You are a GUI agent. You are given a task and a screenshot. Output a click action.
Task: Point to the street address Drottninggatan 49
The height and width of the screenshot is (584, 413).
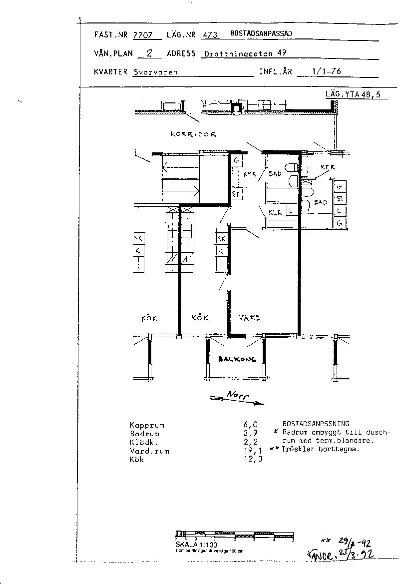(x=245, y=54)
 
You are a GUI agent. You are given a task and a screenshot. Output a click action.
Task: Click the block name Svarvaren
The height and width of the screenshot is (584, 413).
(x=155, y=72)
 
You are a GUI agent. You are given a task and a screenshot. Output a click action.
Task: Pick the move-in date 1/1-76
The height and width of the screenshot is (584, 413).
(x=326, y=71)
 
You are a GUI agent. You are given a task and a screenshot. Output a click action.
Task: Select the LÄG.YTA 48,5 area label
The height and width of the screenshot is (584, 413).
(x=353, y=95)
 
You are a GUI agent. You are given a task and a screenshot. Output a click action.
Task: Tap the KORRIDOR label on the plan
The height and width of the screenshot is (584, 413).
(x=193, y=134)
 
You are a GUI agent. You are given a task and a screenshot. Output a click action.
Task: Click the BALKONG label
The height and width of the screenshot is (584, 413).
(x=237, y=359)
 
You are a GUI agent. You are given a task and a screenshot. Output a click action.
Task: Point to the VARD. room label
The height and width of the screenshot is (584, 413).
(x=250, y=318)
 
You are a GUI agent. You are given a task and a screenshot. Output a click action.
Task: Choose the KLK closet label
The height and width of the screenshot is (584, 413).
(x=275, y=213)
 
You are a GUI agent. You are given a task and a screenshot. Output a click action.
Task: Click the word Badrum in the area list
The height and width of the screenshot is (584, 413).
(x=144, y=434)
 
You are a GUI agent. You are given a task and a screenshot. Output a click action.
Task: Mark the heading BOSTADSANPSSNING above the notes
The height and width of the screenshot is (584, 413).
(x=316, y=423)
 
